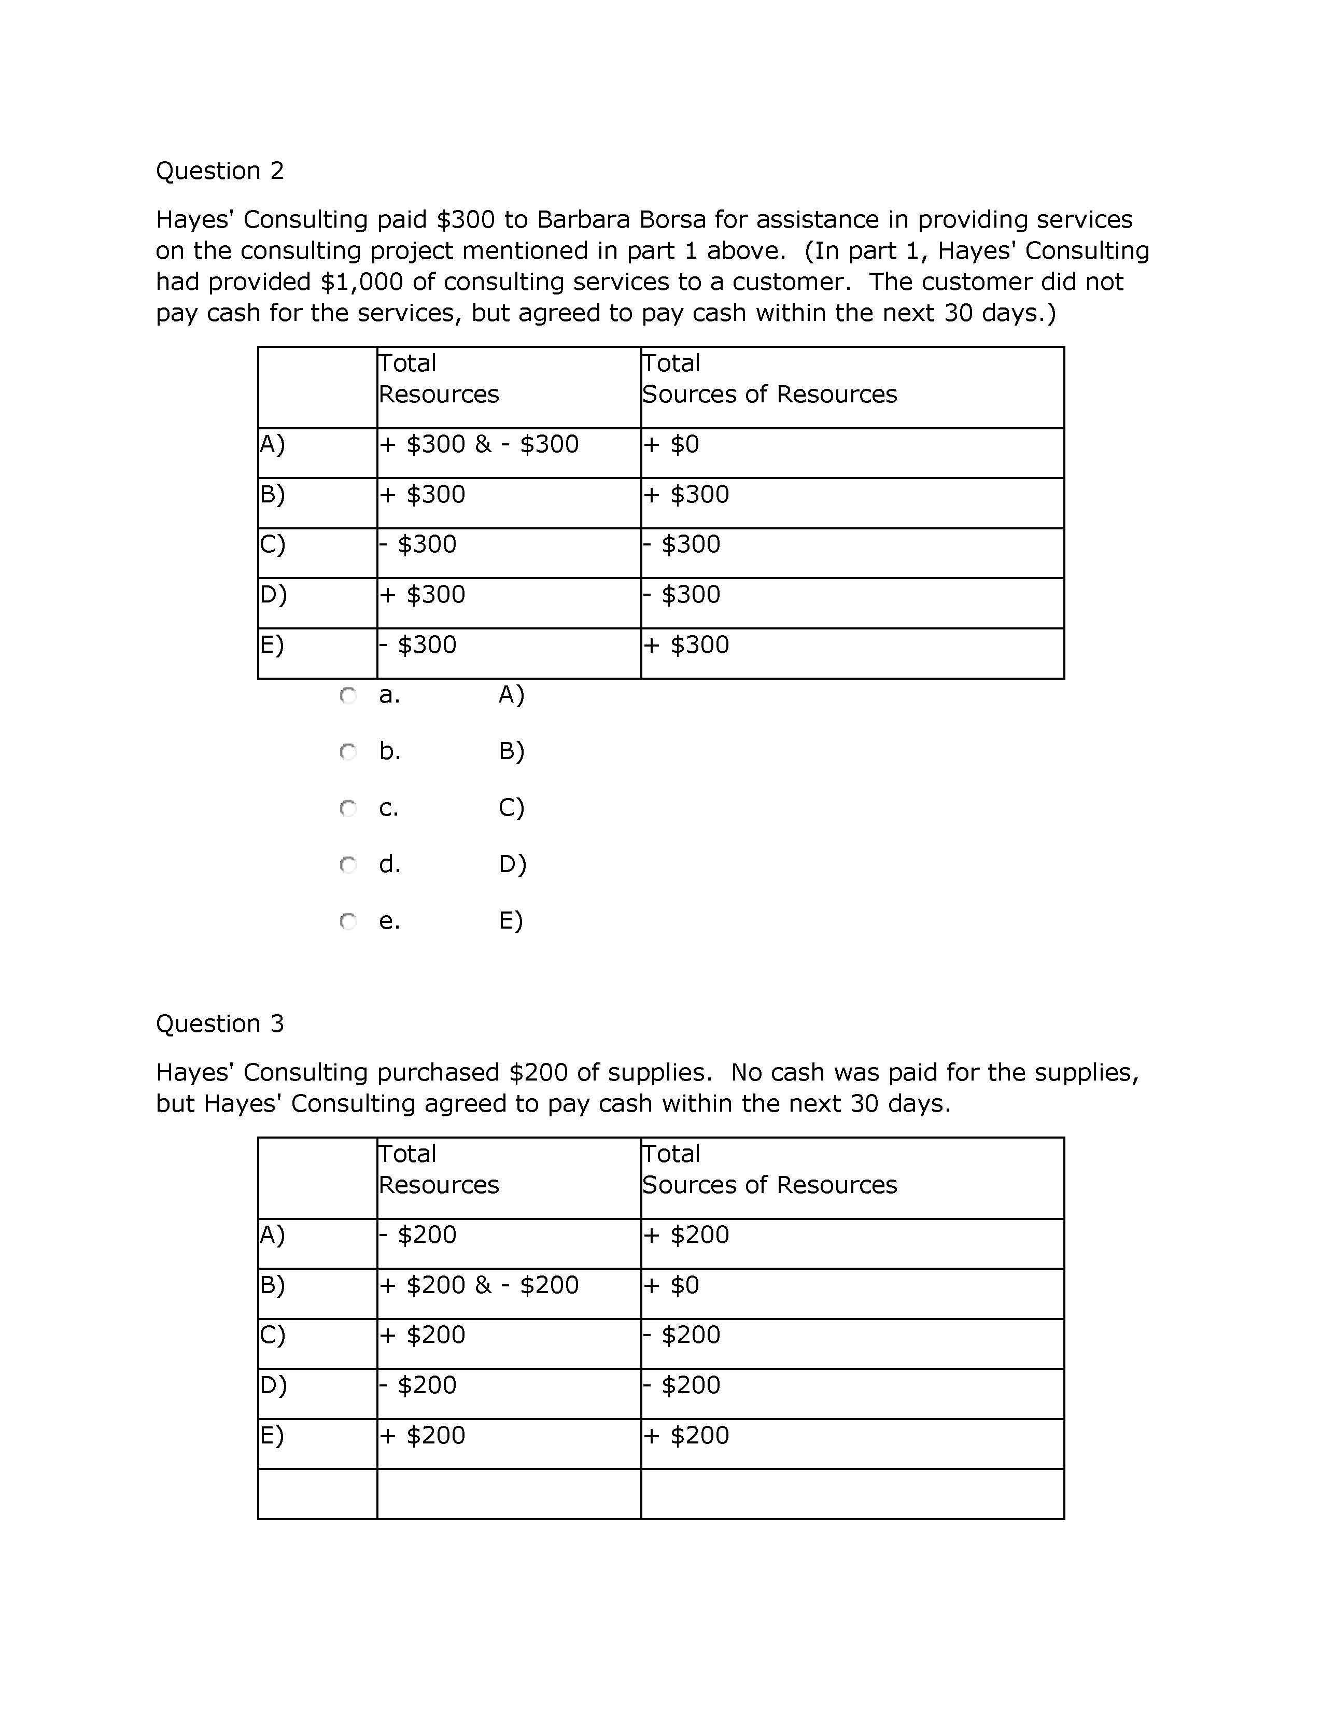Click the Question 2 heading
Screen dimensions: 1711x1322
point(219,171)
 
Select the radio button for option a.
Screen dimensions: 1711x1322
point(348,696)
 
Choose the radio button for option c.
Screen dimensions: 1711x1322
point(348,808)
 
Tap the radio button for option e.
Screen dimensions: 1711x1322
point(348,921)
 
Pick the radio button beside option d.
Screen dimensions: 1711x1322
point(348,865)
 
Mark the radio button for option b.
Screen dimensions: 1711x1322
point(348,752)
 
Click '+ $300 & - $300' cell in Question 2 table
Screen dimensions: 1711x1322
point(479,445)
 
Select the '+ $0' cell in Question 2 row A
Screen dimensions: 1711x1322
point(671,445)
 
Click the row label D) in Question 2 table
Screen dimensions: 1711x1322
point(273,595)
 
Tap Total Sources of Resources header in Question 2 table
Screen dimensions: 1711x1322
point(769,379)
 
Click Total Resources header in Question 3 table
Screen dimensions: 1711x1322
point(439,1170)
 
